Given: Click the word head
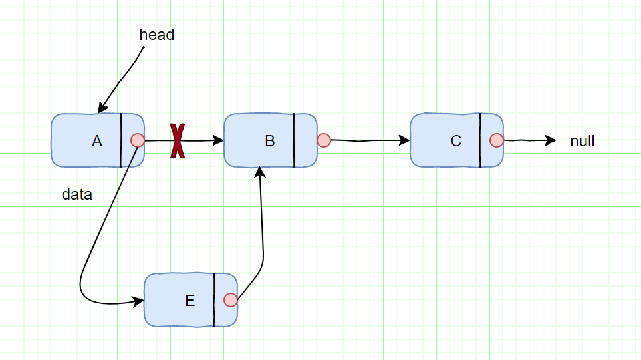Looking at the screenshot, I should tap(157, 35).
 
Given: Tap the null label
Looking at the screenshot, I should tap(582, 141).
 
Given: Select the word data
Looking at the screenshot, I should tap(77, 195).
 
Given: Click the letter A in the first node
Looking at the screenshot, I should tap(97, 141).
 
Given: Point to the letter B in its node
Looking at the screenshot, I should tap(270, 141).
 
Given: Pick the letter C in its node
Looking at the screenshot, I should tap(456, 141).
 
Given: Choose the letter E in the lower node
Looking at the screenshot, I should tap(190, 301).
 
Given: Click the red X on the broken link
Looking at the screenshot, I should tap(178, 141).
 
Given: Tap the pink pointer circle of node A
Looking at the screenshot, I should tap(138, 140).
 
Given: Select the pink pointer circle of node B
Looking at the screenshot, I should tap(324, 140).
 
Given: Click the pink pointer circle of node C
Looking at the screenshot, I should tap(497, 140).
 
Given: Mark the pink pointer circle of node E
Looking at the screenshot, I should tap(231, 300).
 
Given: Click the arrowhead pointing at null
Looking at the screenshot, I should tap(551, 140).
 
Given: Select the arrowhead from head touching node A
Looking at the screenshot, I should tap(102, 108).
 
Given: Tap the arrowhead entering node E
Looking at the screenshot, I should tap(139, 302).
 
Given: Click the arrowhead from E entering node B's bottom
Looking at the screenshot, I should tap(260, 172).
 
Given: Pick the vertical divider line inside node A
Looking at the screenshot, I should tap(121, 140).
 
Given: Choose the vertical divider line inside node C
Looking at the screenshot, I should tap(480, 140).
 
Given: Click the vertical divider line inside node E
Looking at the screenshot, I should tap(214, 300).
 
